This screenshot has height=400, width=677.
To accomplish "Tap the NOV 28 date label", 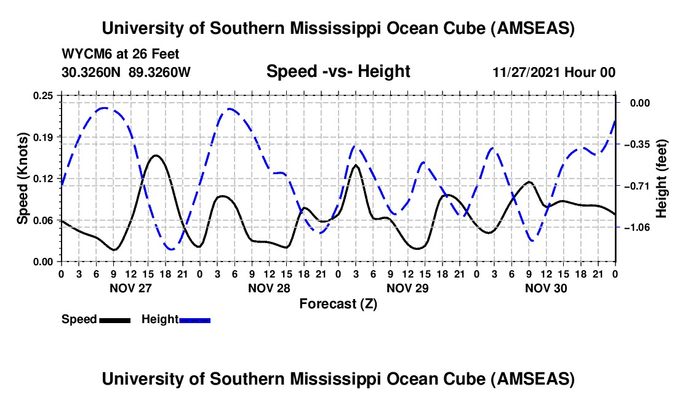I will click(x=268, y=288).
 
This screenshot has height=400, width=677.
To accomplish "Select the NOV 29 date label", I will click(x=407, y=288).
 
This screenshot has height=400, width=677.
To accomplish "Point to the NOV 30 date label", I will click(x=545, y=288).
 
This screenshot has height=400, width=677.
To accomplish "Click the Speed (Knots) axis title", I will click(x=23, y=178).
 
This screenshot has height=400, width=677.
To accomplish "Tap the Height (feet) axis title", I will click(x=662, y=178).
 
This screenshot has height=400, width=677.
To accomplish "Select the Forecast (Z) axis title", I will click(x=338, y=304).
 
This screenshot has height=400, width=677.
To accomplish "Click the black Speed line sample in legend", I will click(x=114, y=320).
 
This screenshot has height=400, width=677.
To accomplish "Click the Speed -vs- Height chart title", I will click(x=338, y=72).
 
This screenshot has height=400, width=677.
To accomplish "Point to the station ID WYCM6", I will click(x=84, y=54).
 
